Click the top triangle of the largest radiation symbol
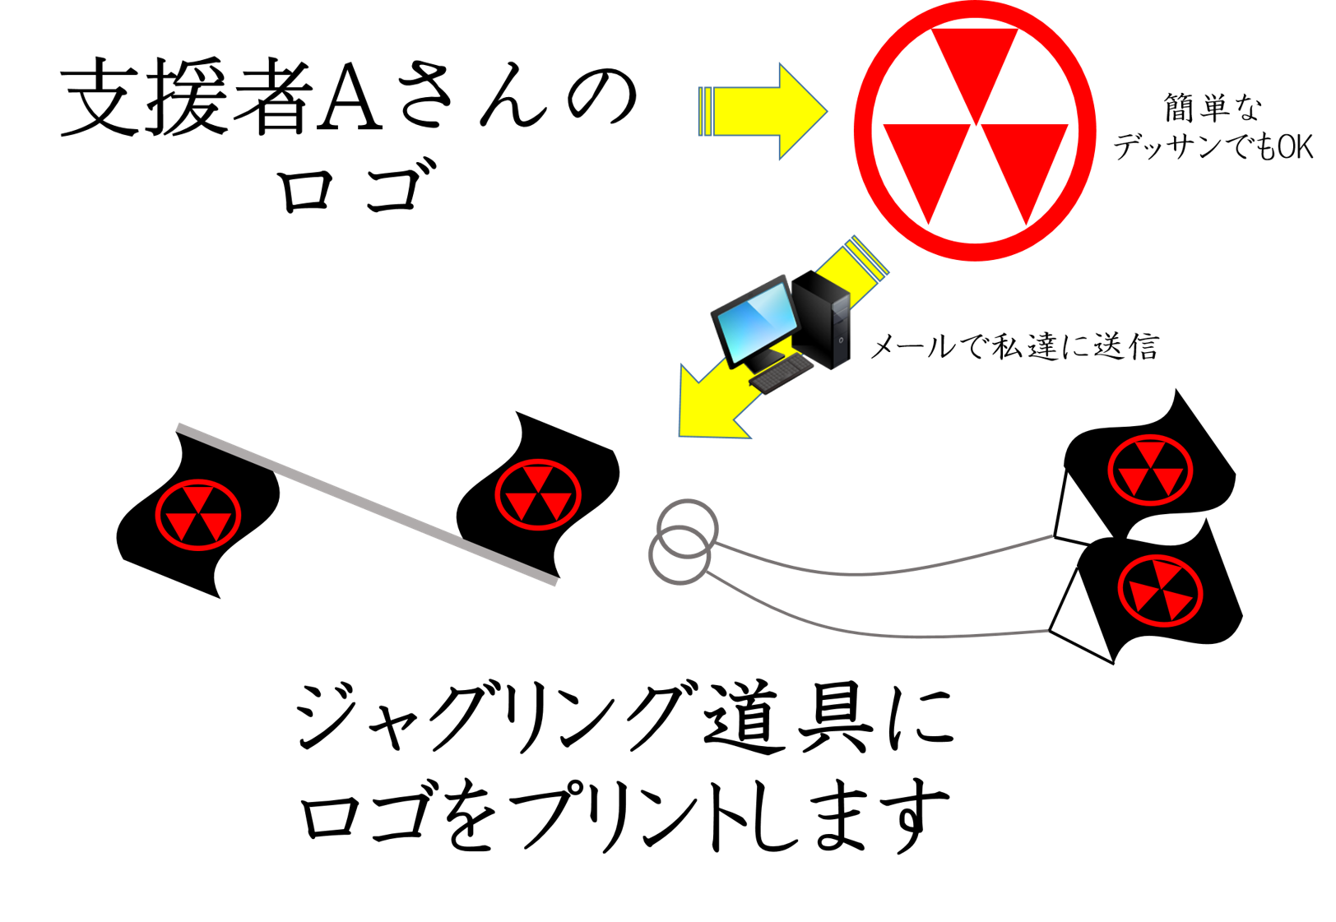tap(975, 66)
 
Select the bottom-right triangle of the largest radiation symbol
tap(1024, 164)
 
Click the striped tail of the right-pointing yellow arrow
tap(706, 111)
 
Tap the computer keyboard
tap(780, 373)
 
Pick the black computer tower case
tap(827, 325)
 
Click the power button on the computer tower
tap(841, 340)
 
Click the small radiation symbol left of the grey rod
tap(198, 515)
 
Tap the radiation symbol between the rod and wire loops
tap(538, 494)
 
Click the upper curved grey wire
tap(888, 569)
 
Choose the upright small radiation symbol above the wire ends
tap(1150, 470)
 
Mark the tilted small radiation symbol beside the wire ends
tap(1160, 591)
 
